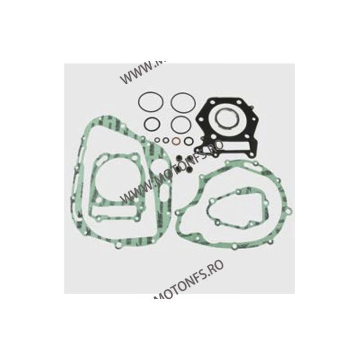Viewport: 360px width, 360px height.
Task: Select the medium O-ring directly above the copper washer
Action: click(x=180, y=123)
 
